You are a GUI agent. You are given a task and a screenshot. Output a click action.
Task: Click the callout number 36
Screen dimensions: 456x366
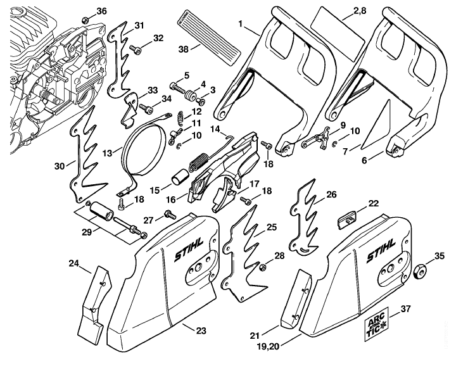[101, 11]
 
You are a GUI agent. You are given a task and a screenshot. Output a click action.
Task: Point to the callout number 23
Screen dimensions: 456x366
[201, 331]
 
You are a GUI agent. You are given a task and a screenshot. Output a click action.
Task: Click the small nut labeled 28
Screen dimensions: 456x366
[263, 267]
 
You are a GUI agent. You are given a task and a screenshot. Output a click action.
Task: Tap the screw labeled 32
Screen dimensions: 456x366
[136, 49]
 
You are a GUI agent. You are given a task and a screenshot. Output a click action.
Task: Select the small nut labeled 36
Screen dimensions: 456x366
[85, 20]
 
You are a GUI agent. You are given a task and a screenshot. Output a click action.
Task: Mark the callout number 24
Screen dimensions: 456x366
[74, 263]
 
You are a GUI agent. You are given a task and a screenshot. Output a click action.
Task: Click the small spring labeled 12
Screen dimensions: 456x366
[180, 118]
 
